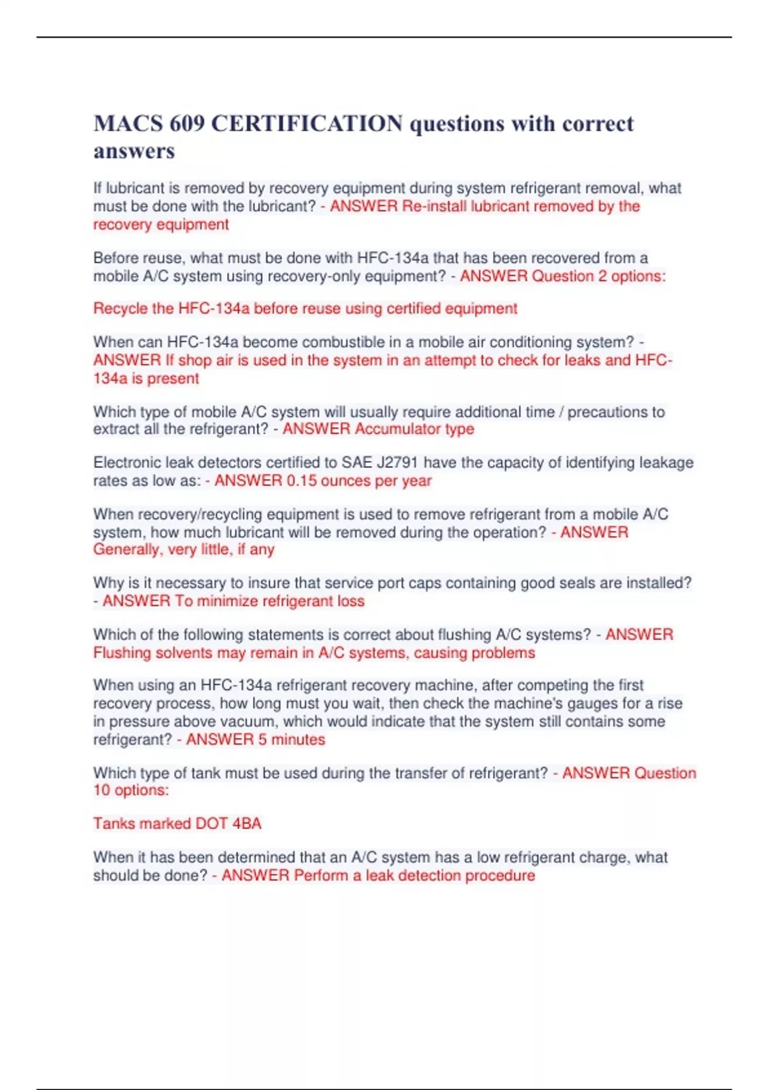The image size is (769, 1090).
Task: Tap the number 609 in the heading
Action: (187, 123)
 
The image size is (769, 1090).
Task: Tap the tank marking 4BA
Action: (247, 824)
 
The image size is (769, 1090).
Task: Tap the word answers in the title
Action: (134, 151)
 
